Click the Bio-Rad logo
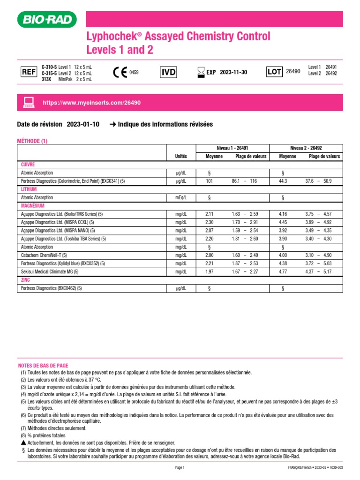pyautogui.click(x=46, y=20)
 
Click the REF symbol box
pyautogui.click(x=28, y=72)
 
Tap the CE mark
pyautogui.click(x=120, y=72)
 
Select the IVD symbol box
pyautogui.click(x=168, y=72)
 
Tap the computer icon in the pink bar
pyautogui.click(x=29, y=102)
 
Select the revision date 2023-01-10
pyautogui.click(x=83, y=125)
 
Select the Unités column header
pyautogui.click(x=181, y=156)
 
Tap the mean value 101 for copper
pyautogui.click(x=209, y=181)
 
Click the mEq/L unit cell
pyautogui.click(x=181, y=198)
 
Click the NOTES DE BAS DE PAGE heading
pyautogui.click(x=43, y=364)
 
